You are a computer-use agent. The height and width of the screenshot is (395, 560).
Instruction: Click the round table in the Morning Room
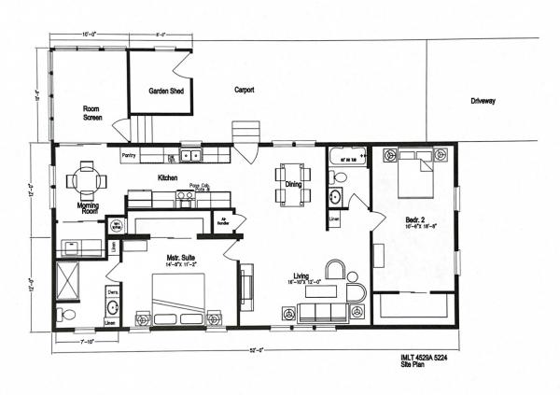pyautogui.click(x=86, y=177)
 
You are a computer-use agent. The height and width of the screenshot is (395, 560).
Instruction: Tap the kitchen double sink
pyautogui.click(x=192, y=155)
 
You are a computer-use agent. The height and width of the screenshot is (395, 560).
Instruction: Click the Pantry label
pyautogui.click(x=130, y=155)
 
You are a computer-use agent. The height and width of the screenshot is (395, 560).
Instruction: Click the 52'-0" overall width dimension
pyautogui.click(x=256, y=350)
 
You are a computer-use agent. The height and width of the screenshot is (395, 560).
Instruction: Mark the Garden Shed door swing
pyautogui.click(x=183, y=63)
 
